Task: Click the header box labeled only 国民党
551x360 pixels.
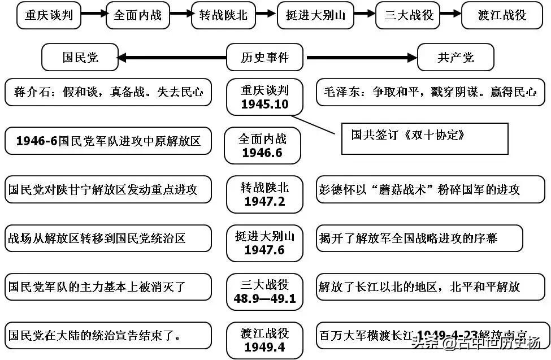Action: [80, 58]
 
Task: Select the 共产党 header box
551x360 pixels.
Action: [455, 58]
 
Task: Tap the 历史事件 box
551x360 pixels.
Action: [264, 58]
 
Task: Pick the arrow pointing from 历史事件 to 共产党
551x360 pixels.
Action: [362, 58]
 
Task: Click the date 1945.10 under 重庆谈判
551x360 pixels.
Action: [264, 105]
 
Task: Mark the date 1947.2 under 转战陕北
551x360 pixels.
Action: [264, 202]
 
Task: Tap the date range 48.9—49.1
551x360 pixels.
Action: [264, 298]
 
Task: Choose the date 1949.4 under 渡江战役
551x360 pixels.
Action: [264, 347]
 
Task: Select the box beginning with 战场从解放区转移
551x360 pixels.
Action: [107, 238]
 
